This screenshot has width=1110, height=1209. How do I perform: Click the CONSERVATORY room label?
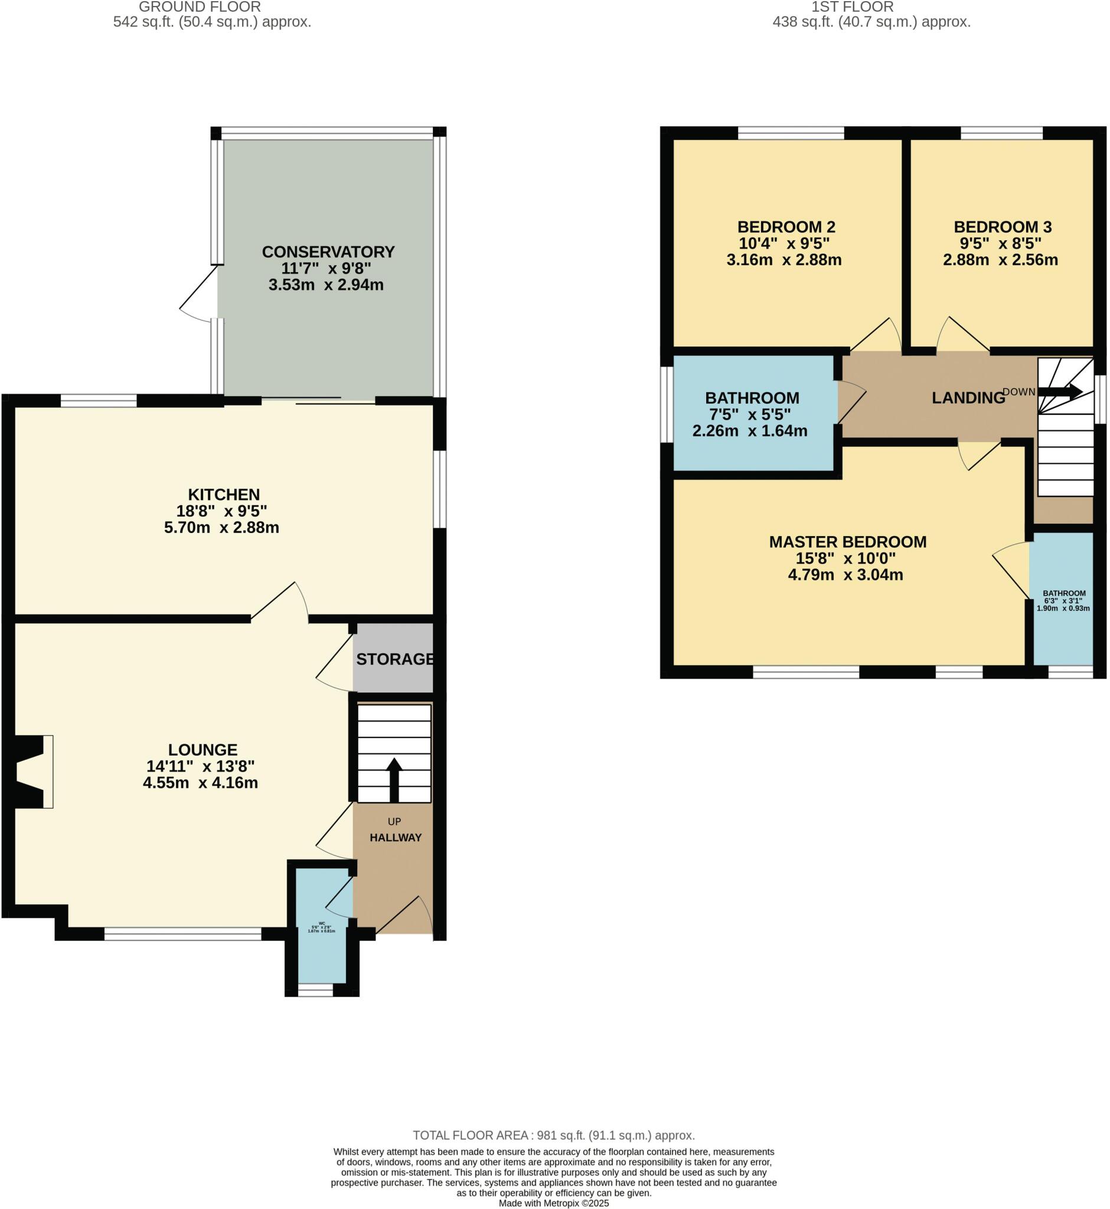tap(328, 251)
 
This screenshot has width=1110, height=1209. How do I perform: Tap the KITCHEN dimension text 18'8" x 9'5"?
tap(221, 511)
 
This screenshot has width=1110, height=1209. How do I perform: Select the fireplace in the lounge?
tap(30, 771)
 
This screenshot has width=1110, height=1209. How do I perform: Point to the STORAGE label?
tap(394, 659)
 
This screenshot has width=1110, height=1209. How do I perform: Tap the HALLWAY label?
tap(395, 837)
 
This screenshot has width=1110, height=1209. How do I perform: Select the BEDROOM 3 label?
tap(1003, 227)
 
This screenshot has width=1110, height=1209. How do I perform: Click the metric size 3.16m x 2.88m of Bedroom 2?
tap(784, 260)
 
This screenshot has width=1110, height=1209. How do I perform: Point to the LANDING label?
tap(968, 398)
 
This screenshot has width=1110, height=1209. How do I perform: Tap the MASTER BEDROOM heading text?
tap(847, 542)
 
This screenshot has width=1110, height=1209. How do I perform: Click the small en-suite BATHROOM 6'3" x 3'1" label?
tap(1064, 593)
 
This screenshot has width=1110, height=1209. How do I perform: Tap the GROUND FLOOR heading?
tap(200, 7)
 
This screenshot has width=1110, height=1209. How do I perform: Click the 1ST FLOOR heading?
tap(852, 7)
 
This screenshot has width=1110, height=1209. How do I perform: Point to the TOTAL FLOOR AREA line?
tap(553, 1135)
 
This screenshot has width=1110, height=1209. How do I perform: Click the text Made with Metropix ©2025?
tap(553, 1203)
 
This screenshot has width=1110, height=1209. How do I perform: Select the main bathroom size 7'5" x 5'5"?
tap(750, 414)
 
